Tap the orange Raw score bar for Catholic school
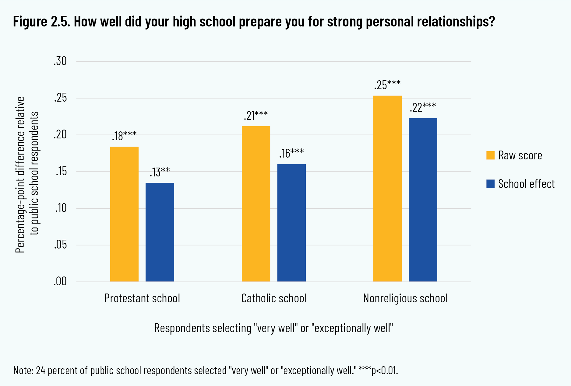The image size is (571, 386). tap(256, 204)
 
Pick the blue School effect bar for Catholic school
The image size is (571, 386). tap(291, 223)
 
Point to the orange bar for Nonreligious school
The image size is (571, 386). tap(387, 189)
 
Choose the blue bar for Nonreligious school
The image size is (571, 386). tap(423, 200)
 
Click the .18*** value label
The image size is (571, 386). tap(124, 136)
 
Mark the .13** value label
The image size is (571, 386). tap(160, 172)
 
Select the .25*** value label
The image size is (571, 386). tap(387, 85)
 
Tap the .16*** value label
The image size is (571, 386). tap(291, 153)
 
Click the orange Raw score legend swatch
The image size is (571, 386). tap(490, 155)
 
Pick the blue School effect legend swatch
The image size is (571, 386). tap(490, 184)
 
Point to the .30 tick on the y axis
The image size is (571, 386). tap(60, 61)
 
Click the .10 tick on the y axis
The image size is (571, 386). tap(61, 208)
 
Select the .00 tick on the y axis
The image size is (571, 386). tap(60, 282)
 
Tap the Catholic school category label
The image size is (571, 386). tap(274, 298)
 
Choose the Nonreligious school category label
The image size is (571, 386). tap(405, 298)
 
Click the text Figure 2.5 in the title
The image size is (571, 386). tap(41, 22)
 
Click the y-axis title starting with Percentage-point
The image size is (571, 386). tap(21, 175)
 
